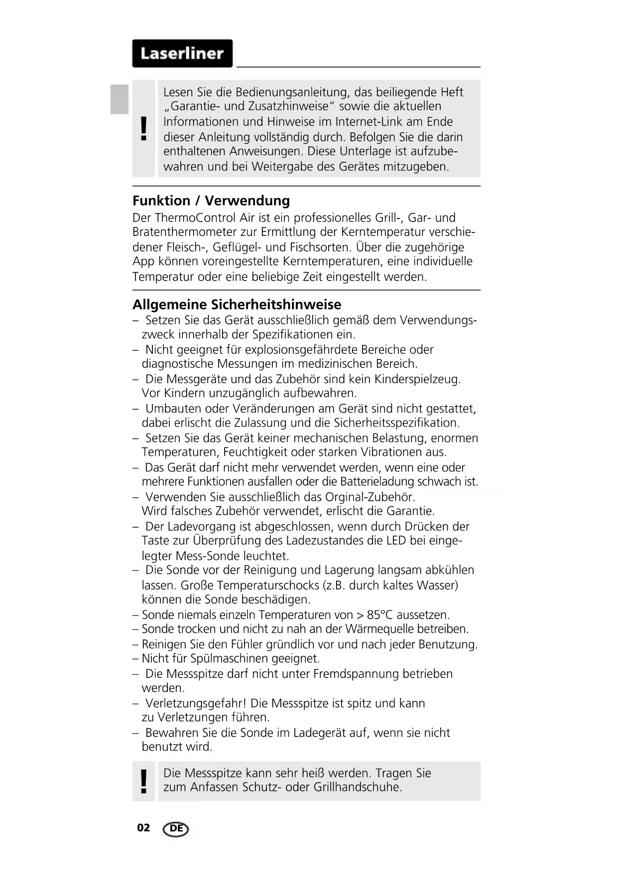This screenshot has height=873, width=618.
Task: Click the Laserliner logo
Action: pyautogui.click(x=182, y=53)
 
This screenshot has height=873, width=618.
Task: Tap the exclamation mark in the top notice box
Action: pyautogui.click(x=144, y=128)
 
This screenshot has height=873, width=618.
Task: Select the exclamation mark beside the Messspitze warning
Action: pyautogui.click(x=144, y=781)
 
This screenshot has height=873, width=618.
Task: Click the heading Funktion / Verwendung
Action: pyautogui.click(x=211, y=201)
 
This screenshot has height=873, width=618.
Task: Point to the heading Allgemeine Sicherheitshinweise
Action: pyautogui.click(x=237, y=305)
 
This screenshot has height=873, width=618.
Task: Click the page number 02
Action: pyautogui.click(x=143, y=828)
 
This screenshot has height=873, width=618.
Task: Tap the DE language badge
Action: pyautogui.click(x=176, y=829)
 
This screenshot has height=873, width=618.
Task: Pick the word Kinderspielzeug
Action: pyautogui.click(x=417, y=379)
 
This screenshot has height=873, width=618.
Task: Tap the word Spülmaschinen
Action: pyautogui.click(x=230, y=658)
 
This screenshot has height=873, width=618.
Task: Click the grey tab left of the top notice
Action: pyautogui.click(x=120, y=99)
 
